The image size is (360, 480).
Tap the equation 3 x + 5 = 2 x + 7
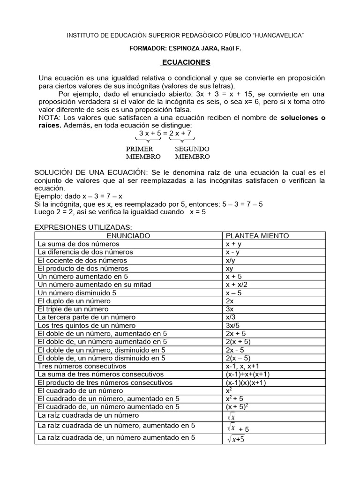coord(165,134)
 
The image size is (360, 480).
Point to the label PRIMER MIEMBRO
coord(143,153)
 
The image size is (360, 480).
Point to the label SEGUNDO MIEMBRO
coord(192,153)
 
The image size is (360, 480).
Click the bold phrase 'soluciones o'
coord(302,117)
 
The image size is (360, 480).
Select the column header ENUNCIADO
coord(128,236)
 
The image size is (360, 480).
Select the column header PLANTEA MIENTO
coord(257,236)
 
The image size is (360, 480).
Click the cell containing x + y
coord(233,244)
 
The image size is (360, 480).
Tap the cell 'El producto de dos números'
coord(83,269)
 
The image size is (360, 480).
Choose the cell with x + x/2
coord(236,285)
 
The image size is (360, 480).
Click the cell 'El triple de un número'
coord(73,309)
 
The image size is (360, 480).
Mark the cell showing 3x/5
coord(232,325)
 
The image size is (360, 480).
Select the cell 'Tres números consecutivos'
coord(82,366)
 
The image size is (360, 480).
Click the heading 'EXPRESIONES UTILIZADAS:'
coord(77,227)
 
